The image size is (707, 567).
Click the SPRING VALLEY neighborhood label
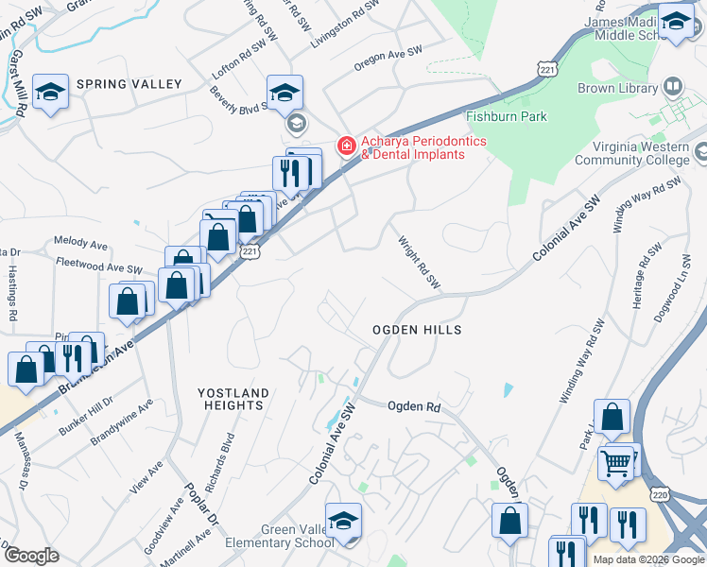coord(129,84)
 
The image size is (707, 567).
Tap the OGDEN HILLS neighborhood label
coord(417,330)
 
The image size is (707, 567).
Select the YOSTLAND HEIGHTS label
coord(233,399)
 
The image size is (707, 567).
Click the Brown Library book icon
coord(673,88)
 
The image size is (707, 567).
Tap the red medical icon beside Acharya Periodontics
coord(346,146)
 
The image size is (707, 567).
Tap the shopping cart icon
coord(616,464)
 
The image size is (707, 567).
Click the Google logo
coord(31,556)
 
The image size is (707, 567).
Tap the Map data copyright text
coord(648,559)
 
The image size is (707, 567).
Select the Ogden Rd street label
coord(414,405)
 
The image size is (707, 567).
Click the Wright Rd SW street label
coord(419,262)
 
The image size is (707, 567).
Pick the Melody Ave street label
coord(77,242)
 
